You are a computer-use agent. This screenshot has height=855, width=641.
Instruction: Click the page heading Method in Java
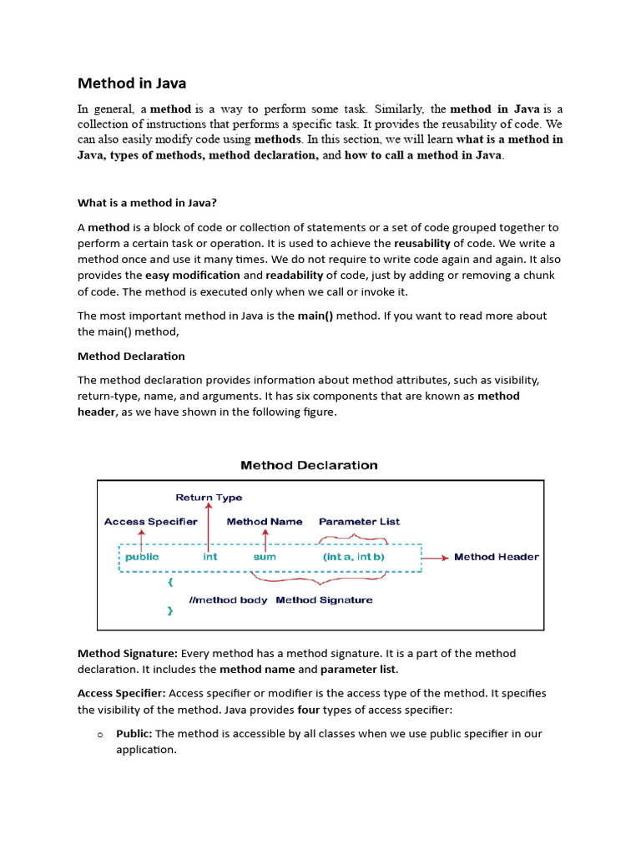pyautogui.click(x=132, y=83)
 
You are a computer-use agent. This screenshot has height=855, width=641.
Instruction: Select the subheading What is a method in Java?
pyautogui.click(x=147, y=203)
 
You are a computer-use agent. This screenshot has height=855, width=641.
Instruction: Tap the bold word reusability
pyautogui.click(x=421, y=243)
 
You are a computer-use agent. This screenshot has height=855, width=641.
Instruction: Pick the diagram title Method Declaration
pyautogui.click(x=309, y=465)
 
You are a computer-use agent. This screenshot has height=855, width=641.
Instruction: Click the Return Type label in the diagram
pyautogui.click(x=209, y=498)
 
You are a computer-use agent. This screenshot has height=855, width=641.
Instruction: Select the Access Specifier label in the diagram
pyautogui.click(x=151, y=522)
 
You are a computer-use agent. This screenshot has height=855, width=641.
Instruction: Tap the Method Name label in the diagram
pyautogui.click(x=265, y=522)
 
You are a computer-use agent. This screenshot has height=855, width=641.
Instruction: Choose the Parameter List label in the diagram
pyautogui.click(x=359, y=522)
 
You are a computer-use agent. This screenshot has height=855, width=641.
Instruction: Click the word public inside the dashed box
pyautogui.click(x=142, y=557)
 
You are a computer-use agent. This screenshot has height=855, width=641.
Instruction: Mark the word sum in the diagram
pyautogui.click(x=265, y=557)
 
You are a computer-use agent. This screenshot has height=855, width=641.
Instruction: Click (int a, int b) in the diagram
pyautogui.click(x=353, y=557)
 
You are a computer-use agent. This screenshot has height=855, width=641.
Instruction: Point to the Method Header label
pyautogui.click(x=497, y=557)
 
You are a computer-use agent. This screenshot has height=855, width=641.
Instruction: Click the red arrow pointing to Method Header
pyautogui.click(x=436, y=557)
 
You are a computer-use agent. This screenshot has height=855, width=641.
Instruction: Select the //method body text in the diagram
pyautogui.click(x=228, y=600)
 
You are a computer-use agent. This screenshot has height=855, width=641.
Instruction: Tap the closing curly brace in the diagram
pyautogui.click(x=170, y=611)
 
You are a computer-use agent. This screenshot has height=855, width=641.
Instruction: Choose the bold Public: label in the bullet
pyautogui.click(x=134, y=734)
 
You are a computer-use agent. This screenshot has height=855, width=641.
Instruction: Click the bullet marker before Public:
pyautogui.click(x=98, y=735)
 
